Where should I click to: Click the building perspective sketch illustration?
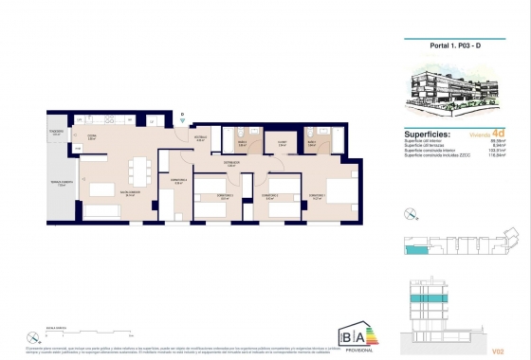pos(454,92)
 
